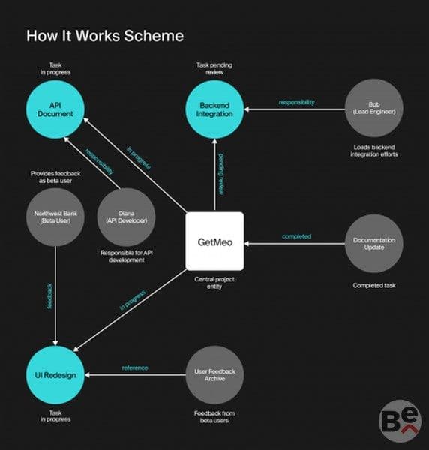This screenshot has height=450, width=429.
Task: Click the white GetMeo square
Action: [214, 241]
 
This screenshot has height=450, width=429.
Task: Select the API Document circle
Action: [55, 109]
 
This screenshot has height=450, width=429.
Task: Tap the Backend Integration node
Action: [214, 109]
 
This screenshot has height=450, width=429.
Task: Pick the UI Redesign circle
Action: [55, 375]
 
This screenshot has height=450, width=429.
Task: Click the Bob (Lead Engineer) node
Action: [374, 108]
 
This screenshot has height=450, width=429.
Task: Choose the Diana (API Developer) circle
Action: [126, 217]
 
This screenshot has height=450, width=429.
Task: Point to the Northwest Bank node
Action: [55, 217]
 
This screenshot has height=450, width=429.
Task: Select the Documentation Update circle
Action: [374, 243]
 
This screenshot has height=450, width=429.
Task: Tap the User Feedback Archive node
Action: [214, 375]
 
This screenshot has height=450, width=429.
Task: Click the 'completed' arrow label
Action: [297, 236]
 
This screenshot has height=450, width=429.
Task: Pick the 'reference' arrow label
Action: [135, 367]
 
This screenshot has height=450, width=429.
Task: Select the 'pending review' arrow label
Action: [221, 175]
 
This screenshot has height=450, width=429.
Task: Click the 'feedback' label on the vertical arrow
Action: [49, 296]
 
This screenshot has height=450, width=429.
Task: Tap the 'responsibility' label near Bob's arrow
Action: [297, 102]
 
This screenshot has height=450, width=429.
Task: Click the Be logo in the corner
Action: [400, 421]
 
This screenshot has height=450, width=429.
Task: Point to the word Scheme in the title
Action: [154, 36]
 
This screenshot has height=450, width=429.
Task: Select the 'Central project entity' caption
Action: [214, 283]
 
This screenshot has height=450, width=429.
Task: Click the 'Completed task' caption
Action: [374, 285]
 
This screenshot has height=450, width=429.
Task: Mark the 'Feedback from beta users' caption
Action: [214, 417]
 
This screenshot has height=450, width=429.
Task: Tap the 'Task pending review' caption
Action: [214, 68]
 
